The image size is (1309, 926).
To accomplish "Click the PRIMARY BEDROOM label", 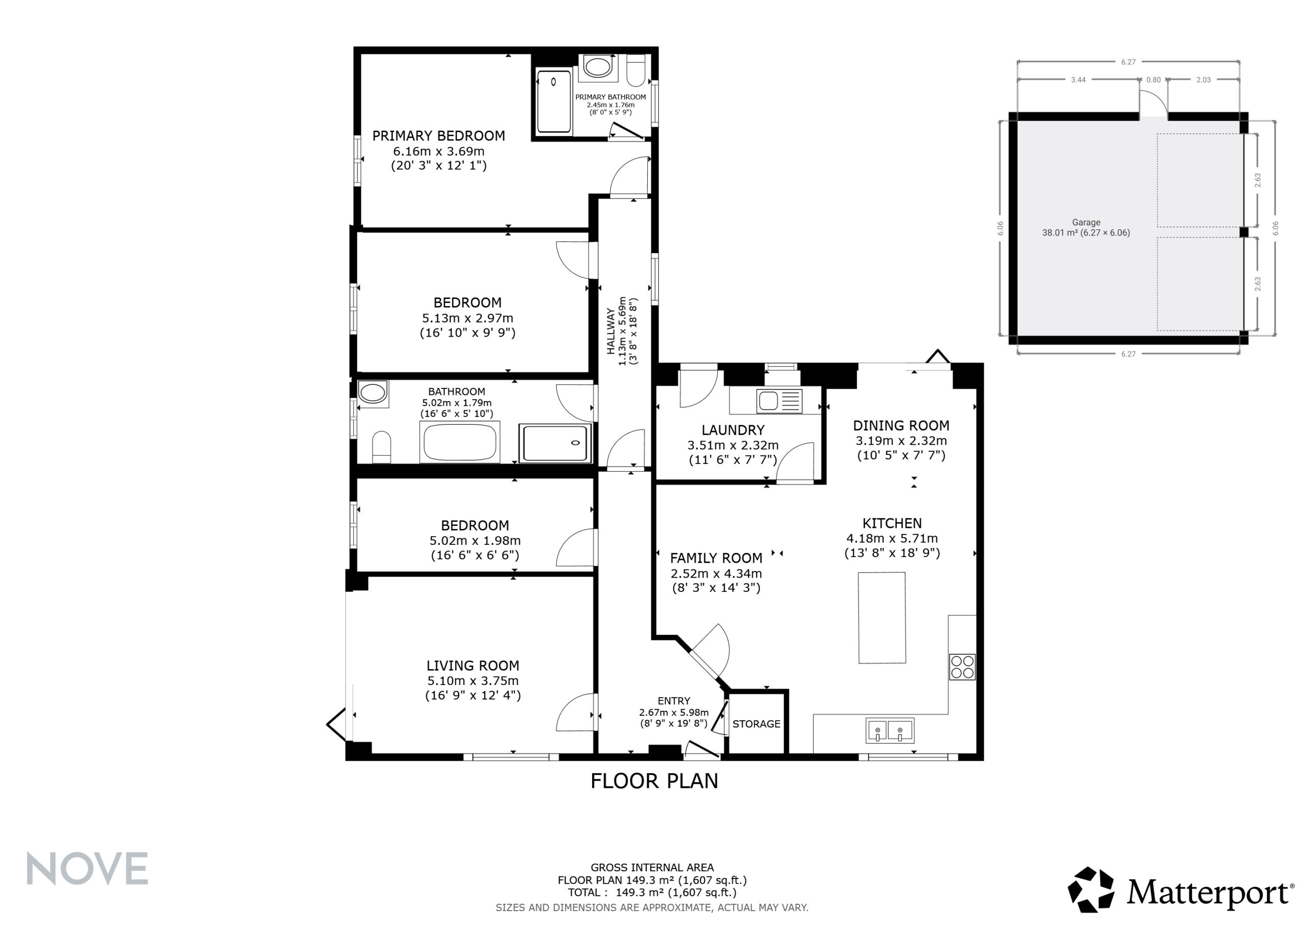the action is coord(438,136).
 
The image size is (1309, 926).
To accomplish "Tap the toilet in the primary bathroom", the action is coord(636,70).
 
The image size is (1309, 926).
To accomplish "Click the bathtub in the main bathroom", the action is coord(460,442).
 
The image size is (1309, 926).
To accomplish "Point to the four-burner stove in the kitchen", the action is coord(962,667).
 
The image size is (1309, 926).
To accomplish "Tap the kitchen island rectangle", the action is coord(882,618).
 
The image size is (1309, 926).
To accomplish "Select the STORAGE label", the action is coord(756,724).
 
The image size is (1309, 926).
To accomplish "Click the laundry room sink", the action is coord(779,401).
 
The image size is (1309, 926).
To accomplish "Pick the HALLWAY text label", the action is coord(611,332).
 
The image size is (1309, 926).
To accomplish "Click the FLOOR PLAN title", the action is coord(654,781).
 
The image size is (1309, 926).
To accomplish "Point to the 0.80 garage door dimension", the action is coord(1154,80).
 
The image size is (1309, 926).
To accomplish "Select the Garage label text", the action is coord(1086,223).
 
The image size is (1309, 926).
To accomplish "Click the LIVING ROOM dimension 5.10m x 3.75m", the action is coord(472,680).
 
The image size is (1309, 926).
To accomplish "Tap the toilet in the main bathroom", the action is coord(381,447).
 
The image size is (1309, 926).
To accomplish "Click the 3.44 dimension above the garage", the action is coord(1078,80).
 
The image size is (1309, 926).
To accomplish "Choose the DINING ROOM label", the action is coord(901,426).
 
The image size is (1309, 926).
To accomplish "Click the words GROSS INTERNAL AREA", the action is coord(652,868).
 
